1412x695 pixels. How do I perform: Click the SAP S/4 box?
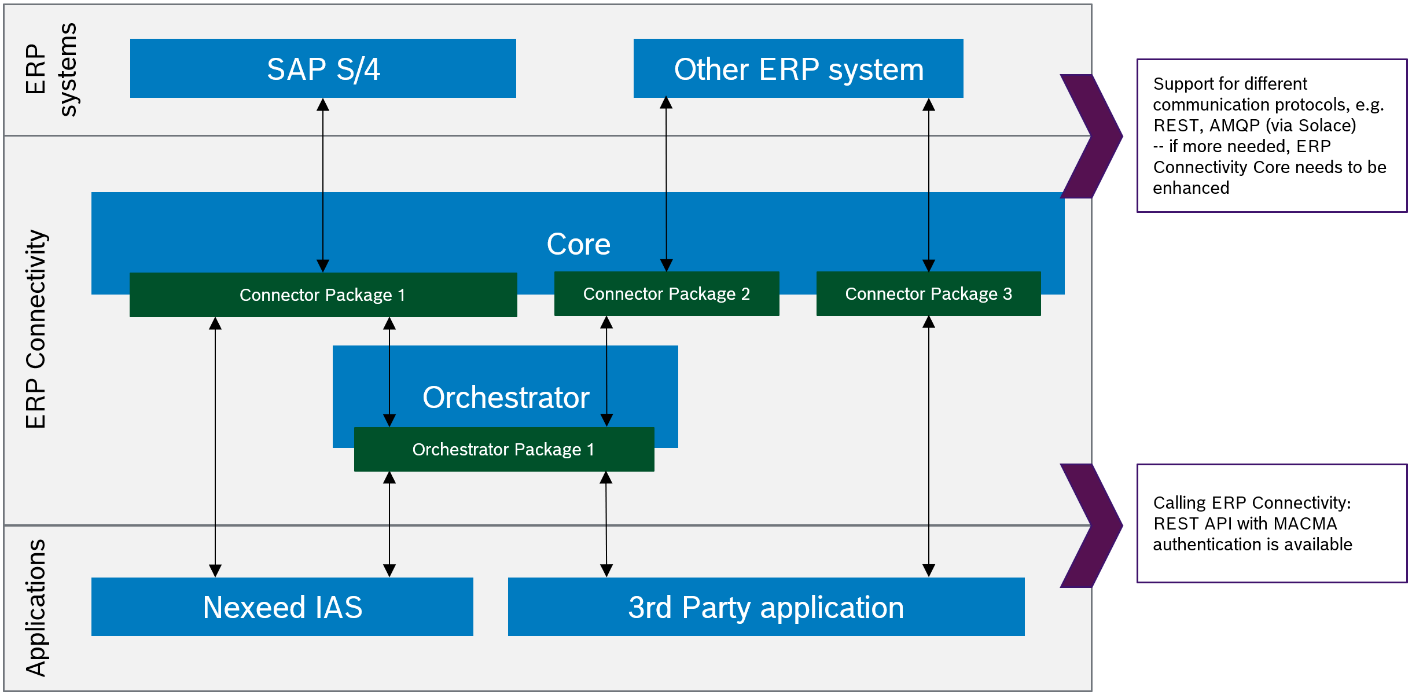pos(323,69)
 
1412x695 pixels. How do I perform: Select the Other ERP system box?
pos(798,69)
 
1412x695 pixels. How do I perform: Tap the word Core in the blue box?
pos(578,244)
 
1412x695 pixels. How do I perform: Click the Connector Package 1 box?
pos(323,295)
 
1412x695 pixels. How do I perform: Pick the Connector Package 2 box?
pos(666,294)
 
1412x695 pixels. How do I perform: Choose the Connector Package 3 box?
pos(928,294)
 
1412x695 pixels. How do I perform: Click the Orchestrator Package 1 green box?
pos(503,450)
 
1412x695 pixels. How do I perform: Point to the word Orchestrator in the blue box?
pos(506,398)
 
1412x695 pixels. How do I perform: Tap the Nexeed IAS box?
pos(282,607)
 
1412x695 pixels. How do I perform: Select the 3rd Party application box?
pos(766,607)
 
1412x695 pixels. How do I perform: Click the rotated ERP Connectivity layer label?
pos(36,329)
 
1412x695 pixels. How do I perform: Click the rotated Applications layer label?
pos(36,608)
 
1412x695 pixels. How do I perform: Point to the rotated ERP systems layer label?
pos(51,69)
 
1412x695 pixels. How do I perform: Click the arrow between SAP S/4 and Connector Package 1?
pos(323,185)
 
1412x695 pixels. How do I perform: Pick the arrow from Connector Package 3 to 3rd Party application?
pos(929,446)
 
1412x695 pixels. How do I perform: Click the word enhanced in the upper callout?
pos(1191,188)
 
